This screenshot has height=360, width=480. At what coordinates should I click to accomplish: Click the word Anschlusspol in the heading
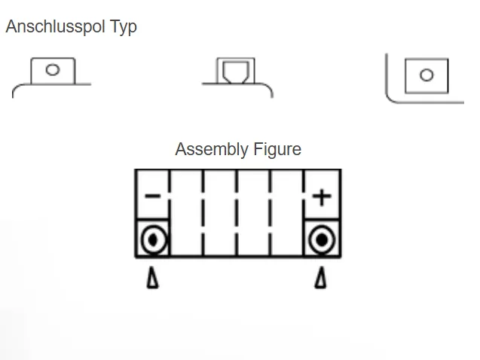coord(50,27)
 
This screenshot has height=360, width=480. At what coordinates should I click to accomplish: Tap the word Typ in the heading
coord(120,27)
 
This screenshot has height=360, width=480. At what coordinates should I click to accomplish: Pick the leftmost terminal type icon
coord(52,76)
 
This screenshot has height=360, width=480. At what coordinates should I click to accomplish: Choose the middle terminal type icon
coord(237,76)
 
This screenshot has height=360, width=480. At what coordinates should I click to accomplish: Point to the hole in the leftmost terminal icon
coord(52,70)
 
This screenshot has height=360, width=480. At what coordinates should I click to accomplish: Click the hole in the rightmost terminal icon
coord(426,75)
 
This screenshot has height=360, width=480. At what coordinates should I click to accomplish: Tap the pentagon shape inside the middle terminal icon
coord(237,73)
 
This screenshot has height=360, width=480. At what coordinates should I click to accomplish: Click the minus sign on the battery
coord(152,197)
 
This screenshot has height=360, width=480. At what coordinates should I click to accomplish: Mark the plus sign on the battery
coord(322,197)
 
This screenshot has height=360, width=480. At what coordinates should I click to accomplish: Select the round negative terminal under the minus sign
coord(152,240)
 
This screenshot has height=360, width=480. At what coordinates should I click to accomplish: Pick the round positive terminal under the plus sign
coord(322,240)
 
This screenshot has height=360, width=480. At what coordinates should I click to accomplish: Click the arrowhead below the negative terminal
coord(153,279)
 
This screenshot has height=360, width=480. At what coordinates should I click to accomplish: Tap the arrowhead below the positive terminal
coord(321,279)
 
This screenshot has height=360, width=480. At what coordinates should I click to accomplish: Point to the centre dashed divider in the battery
coord(237,212)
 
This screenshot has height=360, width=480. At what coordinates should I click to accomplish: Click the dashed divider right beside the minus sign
coord(170,212)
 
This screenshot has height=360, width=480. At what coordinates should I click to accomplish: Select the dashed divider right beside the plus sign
coord(304,212)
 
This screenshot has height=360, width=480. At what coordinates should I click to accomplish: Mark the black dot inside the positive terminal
coord(322,240)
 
